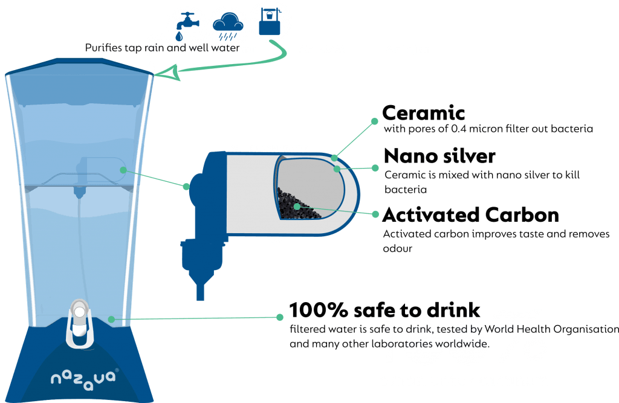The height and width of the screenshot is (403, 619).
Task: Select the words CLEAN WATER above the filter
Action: pos(279,149)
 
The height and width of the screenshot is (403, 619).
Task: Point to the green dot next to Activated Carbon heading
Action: pos(375,214)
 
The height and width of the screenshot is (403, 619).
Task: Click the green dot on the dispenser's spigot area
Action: pos(110,318)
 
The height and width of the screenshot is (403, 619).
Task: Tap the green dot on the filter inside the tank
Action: pos(123,170)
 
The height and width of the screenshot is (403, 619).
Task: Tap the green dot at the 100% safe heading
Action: pos(279,317)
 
